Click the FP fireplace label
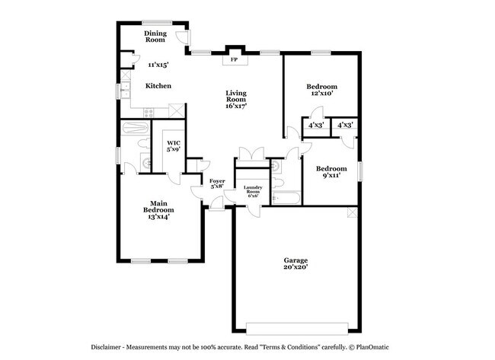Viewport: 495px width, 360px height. point(235,59)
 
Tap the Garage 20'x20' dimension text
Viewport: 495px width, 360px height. point(295,267)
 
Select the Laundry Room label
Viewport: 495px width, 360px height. point(253,190)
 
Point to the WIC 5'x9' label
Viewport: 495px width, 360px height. point(174,146)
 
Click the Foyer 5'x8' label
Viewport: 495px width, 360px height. point(217,183)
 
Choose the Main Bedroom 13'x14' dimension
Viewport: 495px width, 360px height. point(159,217)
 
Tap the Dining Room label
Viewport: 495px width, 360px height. point(155,37)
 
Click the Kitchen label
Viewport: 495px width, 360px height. point(158,86)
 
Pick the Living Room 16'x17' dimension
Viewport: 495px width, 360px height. point(236,106)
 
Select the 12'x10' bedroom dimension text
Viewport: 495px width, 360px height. point(321,93)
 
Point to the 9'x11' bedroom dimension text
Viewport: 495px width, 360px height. point(331,175)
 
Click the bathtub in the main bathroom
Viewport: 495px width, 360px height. point(135,128)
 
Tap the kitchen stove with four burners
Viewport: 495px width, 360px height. point(148,113)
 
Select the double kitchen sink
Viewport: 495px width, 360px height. point(126,90)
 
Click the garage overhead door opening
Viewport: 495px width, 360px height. point(297,329)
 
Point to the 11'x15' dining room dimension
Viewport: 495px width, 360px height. point(158,65)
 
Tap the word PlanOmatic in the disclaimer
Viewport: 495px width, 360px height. point(372,347)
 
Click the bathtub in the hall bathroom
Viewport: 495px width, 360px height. point(286,198)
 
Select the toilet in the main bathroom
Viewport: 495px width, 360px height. point(144,143)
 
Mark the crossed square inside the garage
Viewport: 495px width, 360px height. point(353,212)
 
